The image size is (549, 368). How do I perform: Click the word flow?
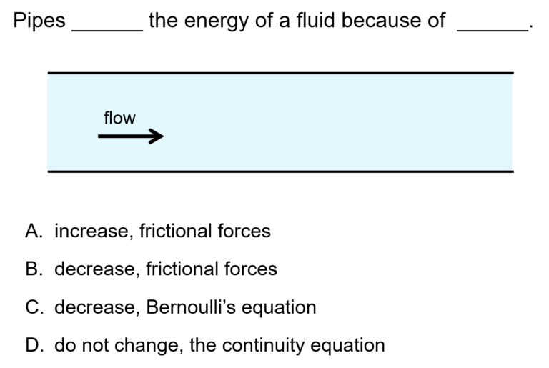(119, 118)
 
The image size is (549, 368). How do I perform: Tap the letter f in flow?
(107, 118)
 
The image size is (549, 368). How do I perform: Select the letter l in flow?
(112, 118)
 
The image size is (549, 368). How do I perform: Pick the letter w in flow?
(129, 119)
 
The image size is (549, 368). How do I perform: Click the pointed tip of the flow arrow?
(164, 136)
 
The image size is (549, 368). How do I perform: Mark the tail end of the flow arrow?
(99, 136)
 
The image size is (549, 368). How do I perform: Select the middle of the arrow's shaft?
(129, 136)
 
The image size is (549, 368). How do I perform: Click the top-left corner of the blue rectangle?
(48, 74)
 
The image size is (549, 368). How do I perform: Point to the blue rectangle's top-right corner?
(512, 74)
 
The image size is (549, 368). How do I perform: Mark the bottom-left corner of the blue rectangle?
(48, 170)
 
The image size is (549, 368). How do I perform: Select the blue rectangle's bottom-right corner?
(512, 170)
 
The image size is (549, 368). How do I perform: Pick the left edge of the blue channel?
(48, 122)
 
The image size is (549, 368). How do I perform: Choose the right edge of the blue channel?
(512, 122)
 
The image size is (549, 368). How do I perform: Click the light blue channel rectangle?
(322, 122)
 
